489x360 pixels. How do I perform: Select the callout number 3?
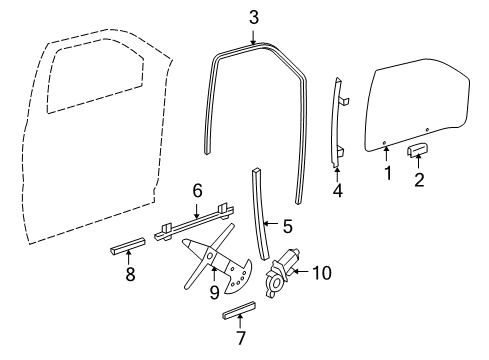pos(253,17)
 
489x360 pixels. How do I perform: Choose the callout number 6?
pos(197,188)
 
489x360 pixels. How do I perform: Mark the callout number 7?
pos(239,337)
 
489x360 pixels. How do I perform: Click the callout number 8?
pos(129,273)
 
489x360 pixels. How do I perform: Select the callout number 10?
pos(321,271)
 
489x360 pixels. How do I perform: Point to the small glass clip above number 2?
pos(418,151)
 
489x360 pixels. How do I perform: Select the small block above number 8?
pos(126,247)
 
